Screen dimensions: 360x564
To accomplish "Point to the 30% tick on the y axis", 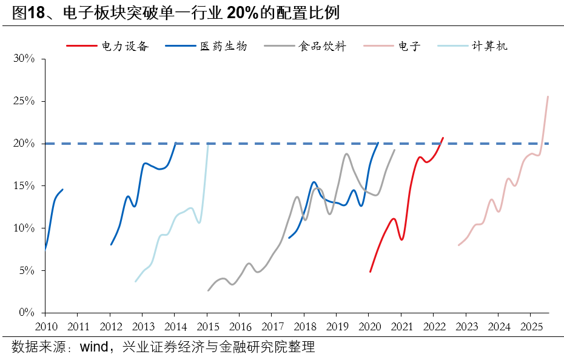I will [25, 59].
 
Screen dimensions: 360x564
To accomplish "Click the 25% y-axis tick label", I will [25, 101].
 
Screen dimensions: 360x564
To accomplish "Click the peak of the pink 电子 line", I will [548, 96].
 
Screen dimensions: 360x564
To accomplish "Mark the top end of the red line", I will [443, 138].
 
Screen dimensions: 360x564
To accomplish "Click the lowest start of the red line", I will [370, 272].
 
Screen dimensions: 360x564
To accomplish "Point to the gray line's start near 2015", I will [208, 290].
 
